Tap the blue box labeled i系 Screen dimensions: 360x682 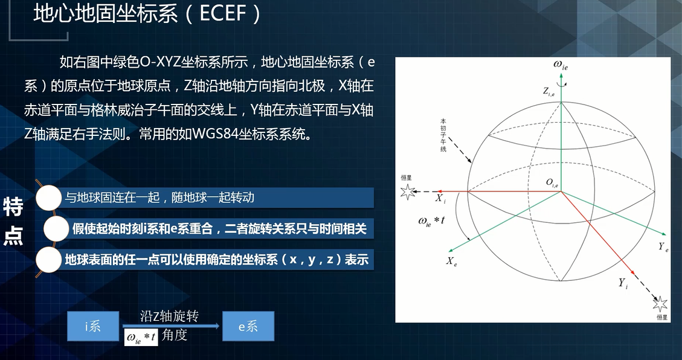[x=92, y=327]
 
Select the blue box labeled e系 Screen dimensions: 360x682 [x=248, y=327]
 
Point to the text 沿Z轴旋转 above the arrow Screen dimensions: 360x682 [x=169, y=317]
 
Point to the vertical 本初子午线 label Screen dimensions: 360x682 [x=443, y=135]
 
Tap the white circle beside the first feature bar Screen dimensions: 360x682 [x=49, y=198]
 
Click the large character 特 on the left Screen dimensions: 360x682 [x=13, y=207]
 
